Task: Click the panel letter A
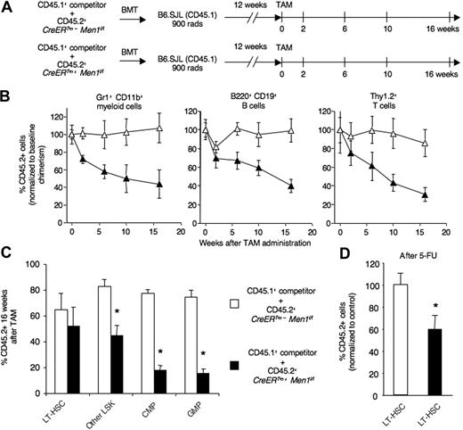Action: point(7,8)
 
